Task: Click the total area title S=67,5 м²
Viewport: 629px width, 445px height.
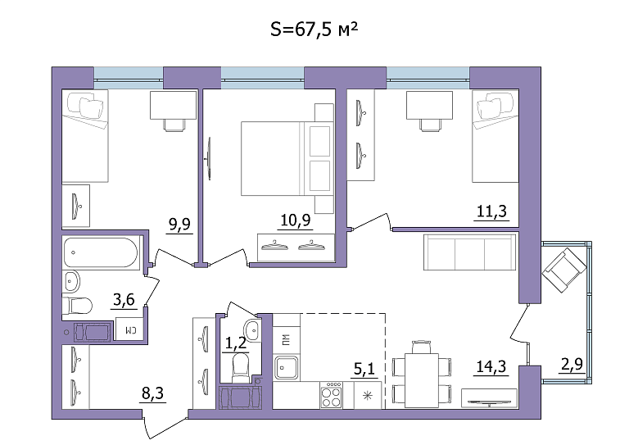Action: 314,29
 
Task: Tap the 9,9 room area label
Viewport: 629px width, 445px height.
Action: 179,225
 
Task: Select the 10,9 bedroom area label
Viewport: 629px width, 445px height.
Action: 295,220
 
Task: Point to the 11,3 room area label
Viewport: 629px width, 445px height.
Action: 491,211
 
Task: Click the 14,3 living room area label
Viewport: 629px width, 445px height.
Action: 491,366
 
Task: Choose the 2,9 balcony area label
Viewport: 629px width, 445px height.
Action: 572,364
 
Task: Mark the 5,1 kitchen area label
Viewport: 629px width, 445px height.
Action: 364,368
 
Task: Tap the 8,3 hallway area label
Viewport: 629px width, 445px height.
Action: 153,393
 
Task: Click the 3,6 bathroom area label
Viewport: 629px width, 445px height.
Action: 124,299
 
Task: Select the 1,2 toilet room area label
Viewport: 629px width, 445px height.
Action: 236,343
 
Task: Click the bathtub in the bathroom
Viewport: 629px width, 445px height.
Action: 101,252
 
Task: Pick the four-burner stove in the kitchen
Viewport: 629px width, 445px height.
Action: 332,395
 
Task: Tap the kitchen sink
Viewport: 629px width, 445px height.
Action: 287,368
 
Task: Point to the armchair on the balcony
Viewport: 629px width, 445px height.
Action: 564,270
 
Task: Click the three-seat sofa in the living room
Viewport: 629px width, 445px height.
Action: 470,252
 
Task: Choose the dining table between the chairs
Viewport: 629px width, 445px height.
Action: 422,380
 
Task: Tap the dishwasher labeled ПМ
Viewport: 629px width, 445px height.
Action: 286,340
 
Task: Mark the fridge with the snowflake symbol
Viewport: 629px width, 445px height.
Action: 368,396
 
